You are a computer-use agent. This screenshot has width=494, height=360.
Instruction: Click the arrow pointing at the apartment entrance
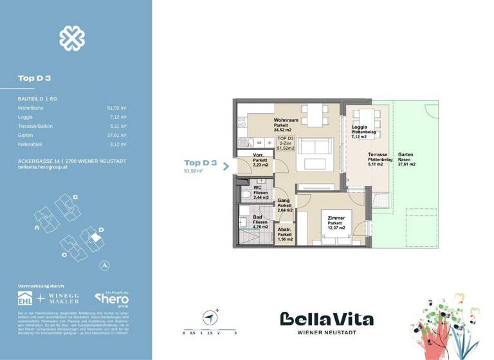point(226,165)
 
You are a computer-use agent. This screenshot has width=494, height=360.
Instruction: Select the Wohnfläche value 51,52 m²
point(117,109)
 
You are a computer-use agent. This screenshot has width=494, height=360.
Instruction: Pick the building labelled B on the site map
point(69,205)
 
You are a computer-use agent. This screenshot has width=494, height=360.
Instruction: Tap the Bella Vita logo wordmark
point(326,319)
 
